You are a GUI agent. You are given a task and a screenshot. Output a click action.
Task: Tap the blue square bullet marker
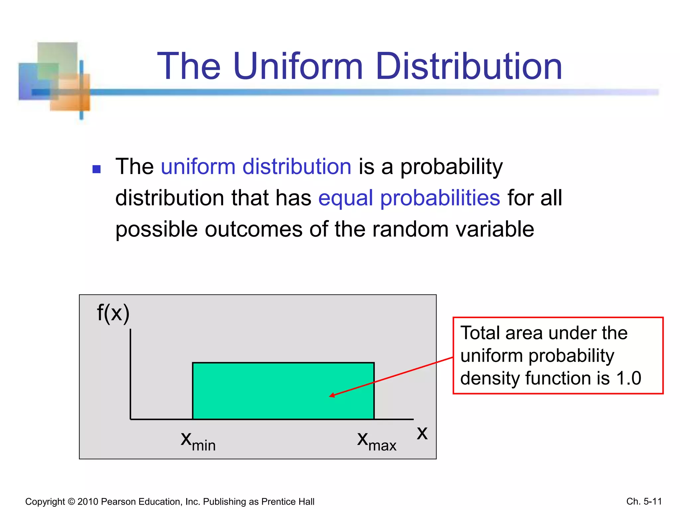coord(97,169)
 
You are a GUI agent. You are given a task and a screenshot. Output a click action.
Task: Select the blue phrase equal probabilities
coord(409,198)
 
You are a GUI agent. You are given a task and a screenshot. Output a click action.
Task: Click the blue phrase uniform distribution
coord(256,167)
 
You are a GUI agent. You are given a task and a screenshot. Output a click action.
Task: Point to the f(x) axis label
coord(113,313)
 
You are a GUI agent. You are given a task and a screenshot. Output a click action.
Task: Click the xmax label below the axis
coord(377,441)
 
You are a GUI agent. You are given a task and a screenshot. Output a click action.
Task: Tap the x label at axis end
coord(422,433)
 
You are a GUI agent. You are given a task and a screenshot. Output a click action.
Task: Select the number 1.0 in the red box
coord(629,378)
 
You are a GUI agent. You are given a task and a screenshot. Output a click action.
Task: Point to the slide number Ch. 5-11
coord(644,501)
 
